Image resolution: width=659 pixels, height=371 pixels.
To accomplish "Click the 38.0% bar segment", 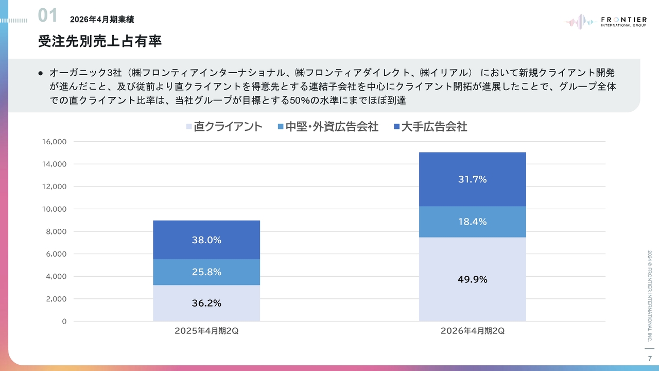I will coord(206,240).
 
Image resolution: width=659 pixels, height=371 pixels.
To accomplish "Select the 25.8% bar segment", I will coord(206,272).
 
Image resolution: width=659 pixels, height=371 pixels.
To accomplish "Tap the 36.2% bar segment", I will coord(206,303).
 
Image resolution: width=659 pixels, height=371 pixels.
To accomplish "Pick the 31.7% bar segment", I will coord(472,179).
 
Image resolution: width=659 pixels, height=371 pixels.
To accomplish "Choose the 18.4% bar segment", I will coord(472,222).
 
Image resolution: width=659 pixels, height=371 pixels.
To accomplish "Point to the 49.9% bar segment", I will coord(472,279).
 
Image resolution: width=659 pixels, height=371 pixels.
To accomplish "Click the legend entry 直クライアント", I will coord(224,127).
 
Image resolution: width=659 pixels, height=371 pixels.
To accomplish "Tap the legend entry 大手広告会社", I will coord(430,127).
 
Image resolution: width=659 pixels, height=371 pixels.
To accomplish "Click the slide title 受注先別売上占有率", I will coord(100,41).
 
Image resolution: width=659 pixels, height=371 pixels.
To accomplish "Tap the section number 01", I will coord(48,15).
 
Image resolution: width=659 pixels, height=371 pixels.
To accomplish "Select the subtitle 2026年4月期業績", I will coord(102,20).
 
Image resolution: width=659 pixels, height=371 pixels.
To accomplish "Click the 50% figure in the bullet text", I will coord(299,100).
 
